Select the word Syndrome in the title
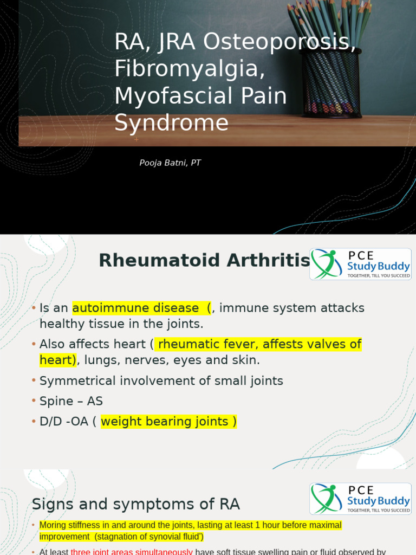tap(171, 122)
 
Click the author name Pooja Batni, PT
tap(170, 163)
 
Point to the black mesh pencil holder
tap(330, 81)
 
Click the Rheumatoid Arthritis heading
tap(204, 261)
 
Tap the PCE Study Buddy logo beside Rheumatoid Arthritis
tap(360, 264)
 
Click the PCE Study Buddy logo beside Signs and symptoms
tap(360, 499)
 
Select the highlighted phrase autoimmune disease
tap(135, 308)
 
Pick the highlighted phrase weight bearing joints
tap(165, 421)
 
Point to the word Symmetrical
tap(77, 380)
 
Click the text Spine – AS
tap(71, 401)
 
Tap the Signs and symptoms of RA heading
tap(135, 504)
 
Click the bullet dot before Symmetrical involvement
tap(34, 380)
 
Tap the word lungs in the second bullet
tap(100, 360)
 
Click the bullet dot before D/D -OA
tap(34, 421)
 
